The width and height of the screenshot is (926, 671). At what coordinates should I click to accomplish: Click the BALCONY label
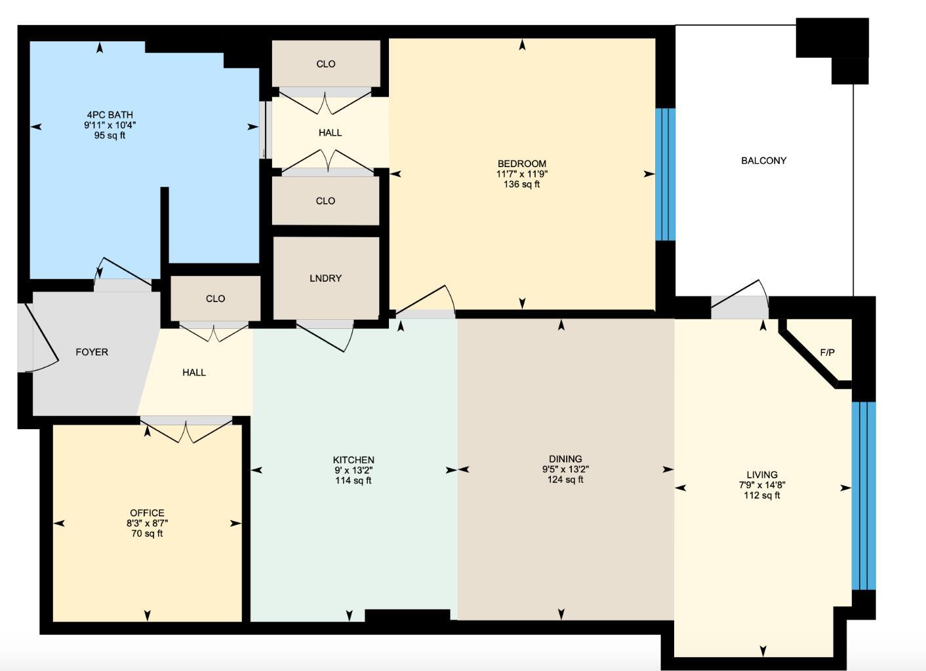(763, 161)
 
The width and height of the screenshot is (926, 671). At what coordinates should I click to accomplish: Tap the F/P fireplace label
(827, 353)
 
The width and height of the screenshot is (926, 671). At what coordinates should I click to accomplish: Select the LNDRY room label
(325, 278)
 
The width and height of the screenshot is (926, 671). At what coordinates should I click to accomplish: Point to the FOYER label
(92, 352)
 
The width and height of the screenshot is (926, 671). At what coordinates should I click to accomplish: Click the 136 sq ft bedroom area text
(521, 185)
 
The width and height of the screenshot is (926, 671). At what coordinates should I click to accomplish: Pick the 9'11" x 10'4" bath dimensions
(110, 125)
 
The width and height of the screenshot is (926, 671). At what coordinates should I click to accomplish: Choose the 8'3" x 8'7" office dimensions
(147, 524)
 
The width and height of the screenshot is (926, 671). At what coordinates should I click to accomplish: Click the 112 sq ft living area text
(761, 496)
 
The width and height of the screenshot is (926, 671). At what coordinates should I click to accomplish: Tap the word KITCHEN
(353, 460)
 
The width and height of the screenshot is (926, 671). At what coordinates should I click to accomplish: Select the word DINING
(565, 459)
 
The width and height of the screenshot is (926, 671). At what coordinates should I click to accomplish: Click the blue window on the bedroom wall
(665, 174)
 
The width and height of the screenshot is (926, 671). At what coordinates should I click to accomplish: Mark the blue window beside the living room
(863, 495)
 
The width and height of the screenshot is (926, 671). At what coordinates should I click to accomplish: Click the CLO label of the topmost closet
(325, 64)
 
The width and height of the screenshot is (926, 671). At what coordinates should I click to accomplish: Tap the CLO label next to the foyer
(215, 299)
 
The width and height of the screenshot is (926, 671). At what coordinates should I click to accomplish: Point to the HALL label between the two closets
(330, 133)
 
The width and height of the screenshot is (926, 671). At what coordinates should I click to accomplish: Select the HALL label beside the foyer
(194, 373)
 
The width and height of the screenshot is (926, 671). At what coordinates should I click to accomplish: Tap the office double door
(186, 431)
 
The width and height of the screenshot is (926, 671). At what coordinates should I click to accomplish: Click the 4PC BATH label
(110, 115)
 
